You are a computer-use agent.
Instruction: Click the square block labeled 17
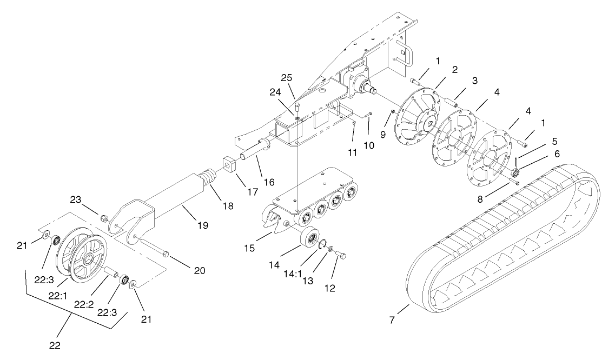pos(227,163)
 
